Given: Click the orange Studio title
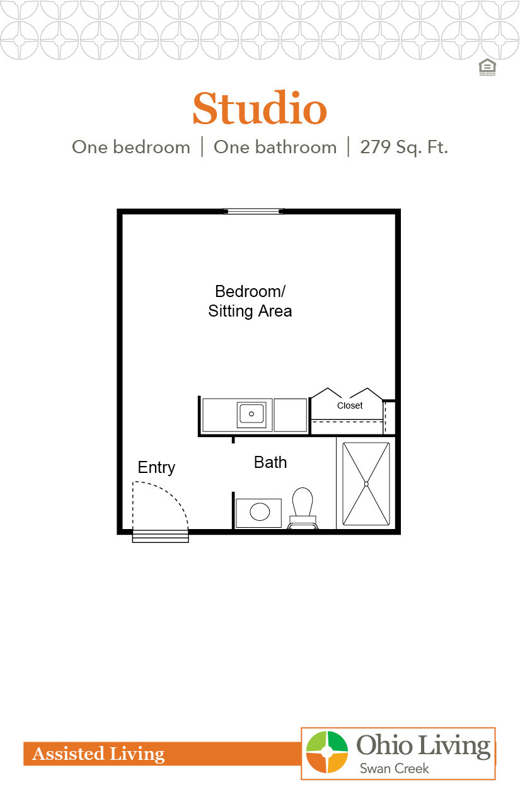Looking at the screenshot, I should point(259,109).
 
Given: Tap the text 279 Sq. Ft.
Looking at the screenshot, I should point(404,148).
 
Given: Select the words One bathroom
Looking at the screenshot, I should point(275,148).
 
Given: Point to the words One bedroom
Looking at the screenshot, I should point(131,148).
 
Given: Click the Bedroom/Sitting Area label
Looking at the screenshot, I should point(250,301).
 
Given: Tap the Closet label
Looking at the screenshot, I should point(350,405).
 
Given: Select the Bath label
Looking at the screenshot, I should point(270,462).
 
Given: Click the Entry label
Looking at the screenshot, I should point(156,467).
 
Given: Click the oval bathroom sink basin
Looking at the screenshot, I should point(260,511).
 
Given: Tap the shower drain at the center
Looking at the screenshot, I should point(366,484).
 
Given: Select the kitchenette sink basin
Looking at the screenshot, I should point(251,414).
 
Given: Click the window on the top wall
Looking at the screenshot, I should point(254,211).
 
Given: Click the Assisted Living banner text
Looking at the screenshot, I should point(98,754).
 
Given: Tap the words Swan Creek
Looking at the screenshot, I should point(394,768).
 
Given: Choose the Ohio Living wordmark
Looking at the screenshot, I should point(424,746).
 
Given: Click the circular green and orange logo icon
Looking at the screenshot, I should point(326,752).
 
